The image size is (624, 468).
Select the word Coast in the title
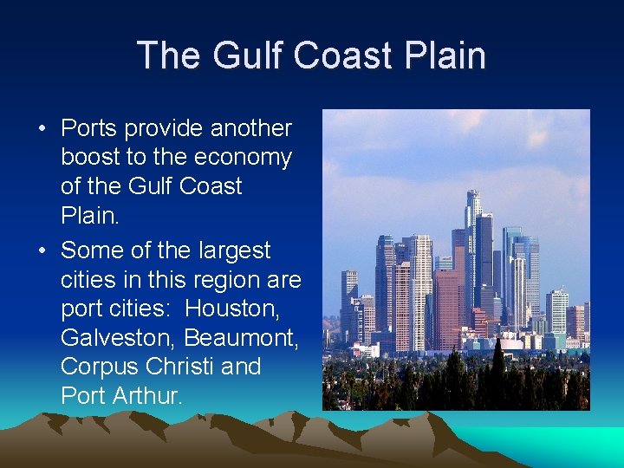[x=341, y=55]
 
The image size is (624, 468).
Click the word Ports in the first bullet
[x=89, y=129]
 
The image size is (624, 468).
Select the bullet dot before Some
[x=42, y=251]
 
